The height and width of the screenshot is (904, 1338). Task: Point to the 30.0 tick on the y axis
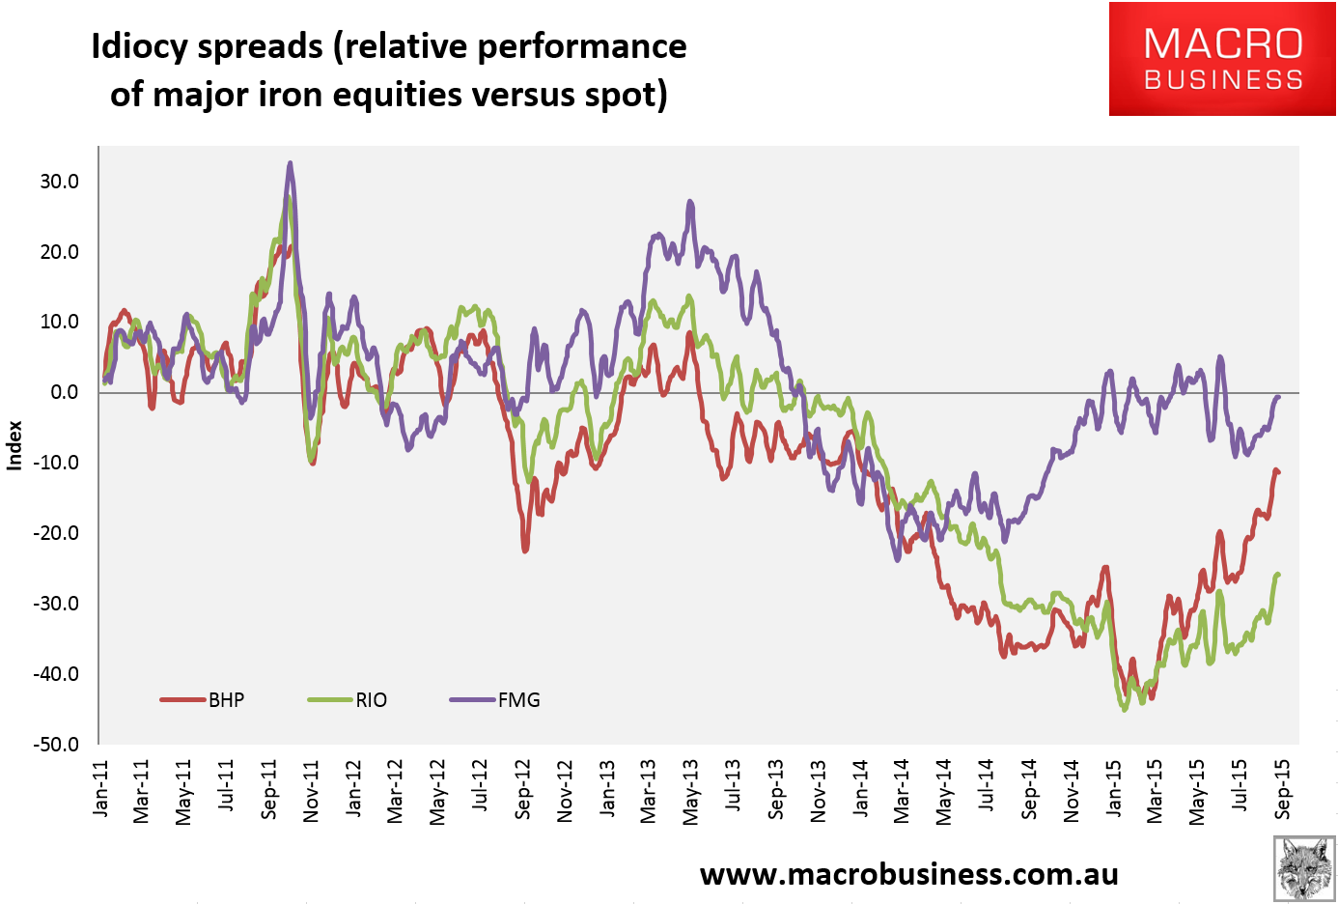click(x=60, y=182)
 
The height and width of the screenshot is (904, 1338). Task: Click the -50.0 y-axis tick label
click(x=58, y=745)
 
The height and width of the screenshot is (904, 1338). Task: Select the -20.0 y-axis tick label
click(x=58, y=533)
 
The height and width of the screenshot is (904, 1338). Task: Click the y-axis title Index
click(x=14, y=445)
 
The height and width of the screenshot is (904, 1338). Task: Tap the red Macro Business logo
click(x=1222, y=59)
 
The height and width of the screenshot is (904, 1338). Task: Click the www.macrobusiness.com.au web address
click(x=908, y=874)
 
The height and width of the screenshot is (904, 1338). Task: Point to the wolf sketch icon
click(x=1303, y=869)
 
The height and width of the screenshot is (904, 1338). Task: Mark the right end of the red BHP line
click(x=1278, y=472)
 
